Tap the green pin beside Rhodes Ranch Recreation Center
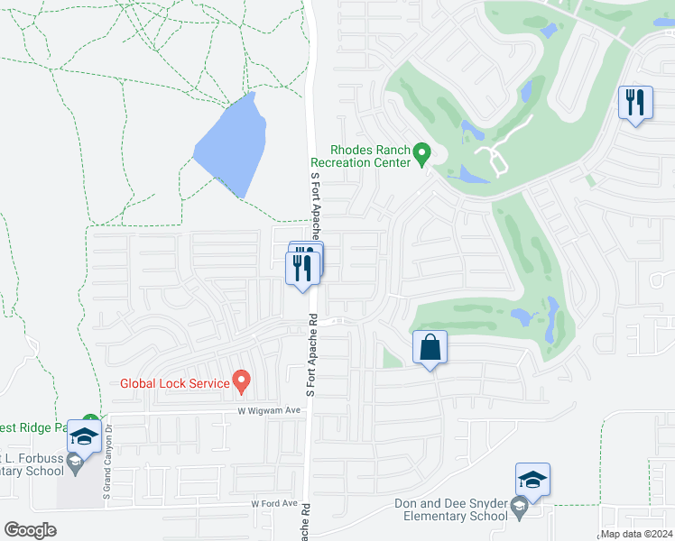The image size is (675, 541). coord(421,155)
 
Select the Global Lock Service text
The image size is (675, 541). coord(175,383)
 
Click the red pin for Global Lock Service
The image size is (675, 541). coord(241,381)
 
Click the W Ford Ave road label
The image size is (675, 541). coord(274,503)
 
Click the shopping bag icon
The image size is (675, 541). coord(430,347)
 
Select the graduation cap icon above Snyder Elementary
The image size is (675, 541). coord(532,480)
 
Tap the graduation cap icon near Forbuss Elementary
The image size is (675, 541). coord(84,436)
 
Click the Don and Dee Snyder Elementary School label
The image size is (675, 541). coord(450,510)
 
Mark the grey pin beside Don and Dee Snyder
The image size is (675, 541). coord(520,509)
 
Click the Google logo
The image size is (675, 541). coord(30,530)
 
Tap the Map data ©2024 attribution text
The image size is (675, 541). coord(636,534)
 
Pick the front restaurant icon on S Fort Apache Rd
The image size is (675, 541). coord(302,268)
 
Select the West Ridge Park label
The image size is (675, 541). coord(36,426)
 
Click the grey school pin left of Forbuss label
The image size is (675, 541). coord(75,463)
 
